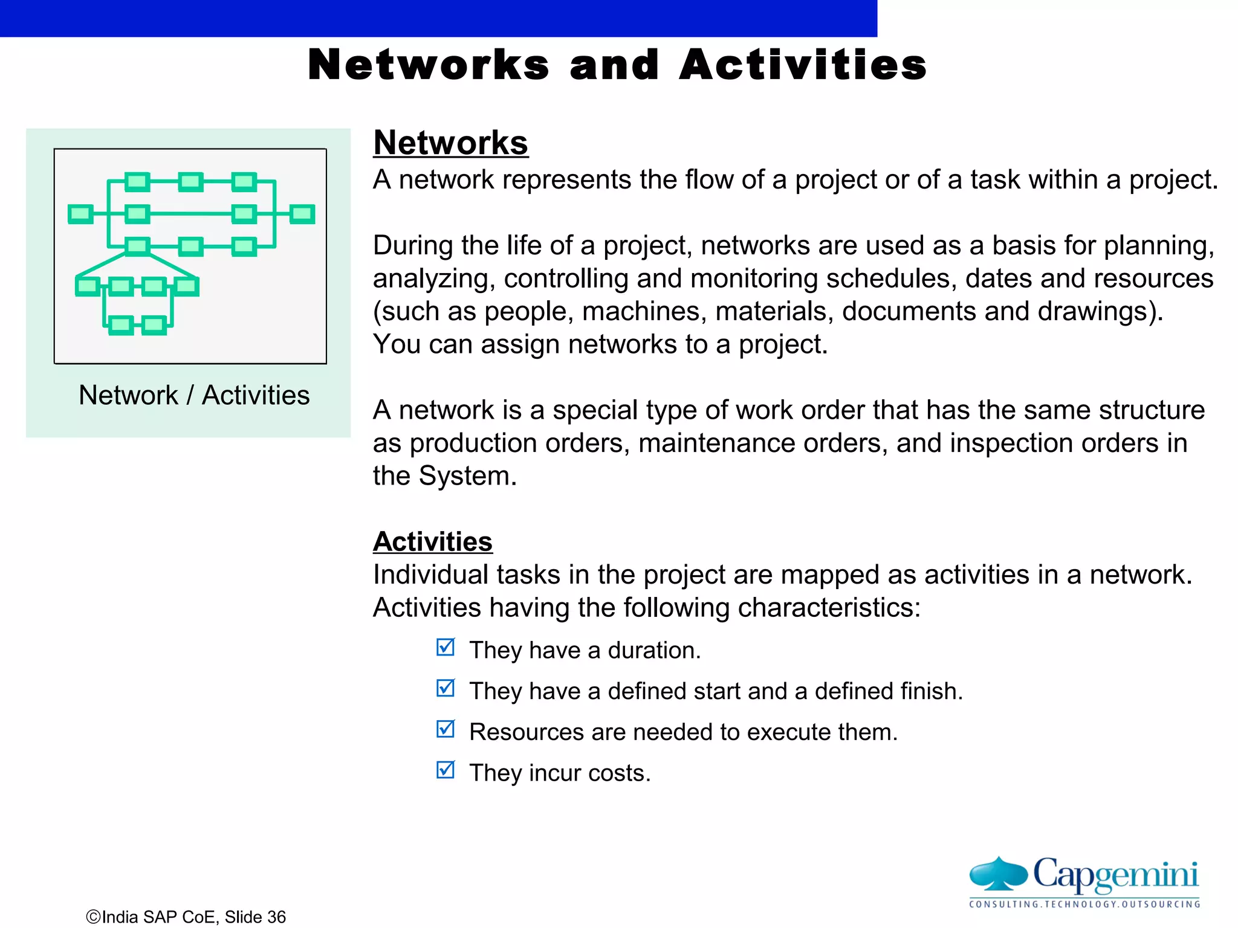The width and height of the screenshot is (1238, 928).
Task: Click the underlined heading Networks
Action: coord(450,143)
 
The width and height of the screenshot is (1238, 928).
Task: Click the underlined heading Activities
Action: coord(432,541)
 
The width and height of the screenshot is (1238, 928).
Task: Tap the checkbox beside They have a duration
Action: coord(446,647)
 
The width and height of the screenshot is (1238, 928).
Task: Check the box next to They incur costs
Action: coord(446,770)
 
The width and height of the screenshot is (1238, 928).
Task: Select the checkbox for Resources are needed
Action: coord(446,729)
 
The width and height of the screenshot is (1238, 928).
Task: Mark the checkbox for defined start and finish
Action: coord(446,688)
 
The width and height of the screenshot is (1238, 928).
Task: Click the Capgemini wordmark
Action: coord(1115,874)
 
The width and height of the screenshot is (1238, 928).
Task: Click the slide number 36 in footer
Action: coord(276,917)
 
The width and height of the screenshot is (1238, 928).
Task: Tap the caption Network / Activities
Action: coord(194,395)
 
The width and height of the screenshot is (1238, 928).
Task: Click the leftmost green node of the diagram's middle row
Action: coord(80,214)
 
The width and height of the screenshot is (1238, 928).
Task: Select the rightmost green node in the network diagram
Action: coord(302,214)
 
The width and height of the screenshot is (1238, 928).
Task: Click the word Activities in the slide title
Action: coord(803,65)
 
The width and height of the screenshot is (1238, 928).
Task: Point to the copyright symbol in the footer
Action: coord(93,917)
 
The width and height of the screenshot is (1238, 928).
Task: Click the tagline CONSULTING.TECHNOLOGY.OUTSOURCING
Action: coord(1084,904)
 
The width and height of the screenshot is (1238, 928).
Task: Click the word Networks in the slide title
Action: coord(429,65)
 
